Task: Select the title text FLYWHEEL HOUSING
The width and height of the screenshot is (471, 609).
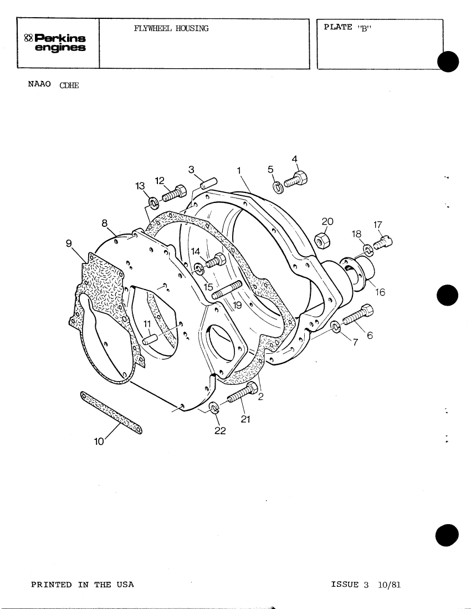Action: [x=171, y=28]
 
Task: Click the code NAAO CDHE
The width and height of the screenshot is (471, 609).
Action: [x=54, y=84]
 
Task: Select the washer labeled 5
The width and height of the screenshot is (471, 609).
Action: [x=278, y=187]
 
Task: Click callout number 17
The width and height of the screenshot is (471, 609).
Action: [x=378, y=225]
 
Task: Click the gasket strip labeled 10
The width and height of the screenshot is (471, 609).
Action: [x=111, y=412]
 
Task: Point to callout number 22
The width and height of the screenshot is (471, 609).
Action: [x=219, y=432]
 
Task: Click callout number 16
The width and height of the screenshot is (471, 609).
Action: [x=380, y=292]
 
